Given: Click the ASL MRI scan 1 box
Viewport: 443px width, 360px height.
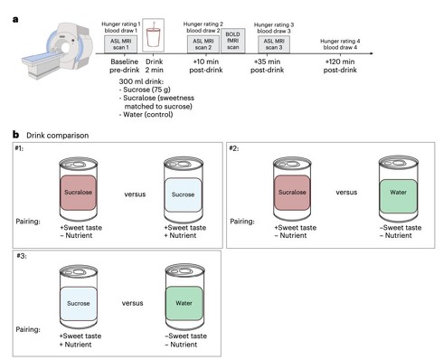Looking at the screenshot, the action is (121, 44).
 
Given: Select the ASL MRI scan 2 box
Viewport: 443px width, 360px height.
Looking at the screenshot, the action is (203, 44).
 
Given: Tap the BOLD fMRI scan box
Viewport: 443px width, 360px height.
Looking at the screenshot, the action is (233, 41).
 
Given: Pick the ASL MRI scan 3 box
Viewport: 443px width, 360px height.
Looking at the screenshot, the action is (274, 44).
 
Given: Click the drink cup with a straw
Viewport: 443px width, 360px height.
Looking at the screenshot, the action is (154, 35).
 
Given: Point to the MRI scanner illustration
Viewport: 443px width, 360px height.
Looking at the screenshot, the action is (57, 50).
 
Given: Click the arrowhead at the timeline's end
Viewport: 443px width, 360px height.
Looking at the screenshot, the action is (372, 53).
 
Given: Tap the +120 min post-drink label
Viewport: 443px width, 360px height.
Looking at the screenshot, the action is (340, 66).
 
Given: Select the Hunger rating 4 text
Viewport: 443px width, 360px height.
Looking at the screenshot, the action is (340, 41).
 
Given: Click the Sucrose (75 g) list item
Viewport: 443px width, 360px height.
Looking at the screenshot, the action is (145, 90).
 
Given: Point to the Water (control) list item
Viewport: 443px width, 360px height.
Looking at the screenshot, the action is (146, 115).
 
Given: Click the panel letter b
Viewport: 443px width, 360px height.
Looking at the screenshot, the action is (15, 135).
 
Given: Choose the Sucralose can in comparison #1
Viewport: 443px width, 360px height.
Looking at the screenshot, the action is (79, 189).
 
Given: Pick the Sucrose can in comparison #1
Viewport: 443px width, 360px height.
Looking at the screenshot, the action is (183, 190).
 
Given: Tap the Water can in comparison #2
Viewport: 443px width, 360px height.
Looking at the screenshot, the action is (399, 189).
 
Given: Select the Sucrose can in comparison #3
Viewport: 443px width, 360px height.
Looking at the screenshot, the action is (79, 297).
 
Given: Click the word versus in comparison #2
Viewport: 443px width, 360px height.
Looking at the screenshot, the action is (346, 193).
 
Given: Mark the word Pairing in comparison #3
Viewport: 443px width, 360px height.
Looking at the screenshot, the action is (28, 329).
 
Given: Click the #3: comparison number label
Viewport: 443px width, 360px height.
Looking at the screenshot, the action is (22, 256).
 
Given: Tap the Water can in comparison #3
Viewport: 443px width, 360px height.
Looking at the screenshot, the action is (184, 298).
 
